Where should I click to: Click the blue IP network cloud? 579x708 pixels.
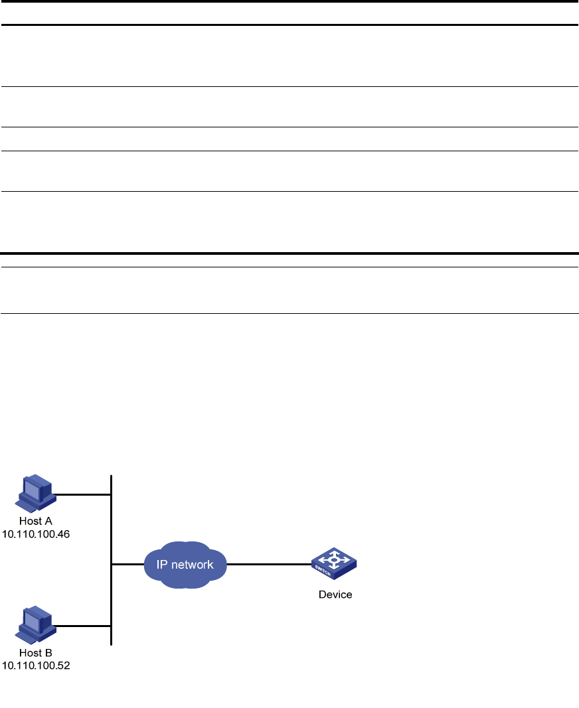[x=185, y=565]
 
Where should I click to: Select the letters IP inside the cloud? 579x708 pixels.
[x=163, y=565]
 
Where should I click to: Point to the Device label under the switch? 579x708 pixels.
[x=335, y=595]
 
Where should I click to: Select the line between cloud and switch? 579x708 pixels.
[x=269, y=565]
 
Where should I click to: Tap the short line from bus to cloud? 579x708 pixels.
[x=127, y=565]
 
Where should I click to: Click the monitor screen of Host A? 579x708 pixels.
[x=31, y=487]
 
